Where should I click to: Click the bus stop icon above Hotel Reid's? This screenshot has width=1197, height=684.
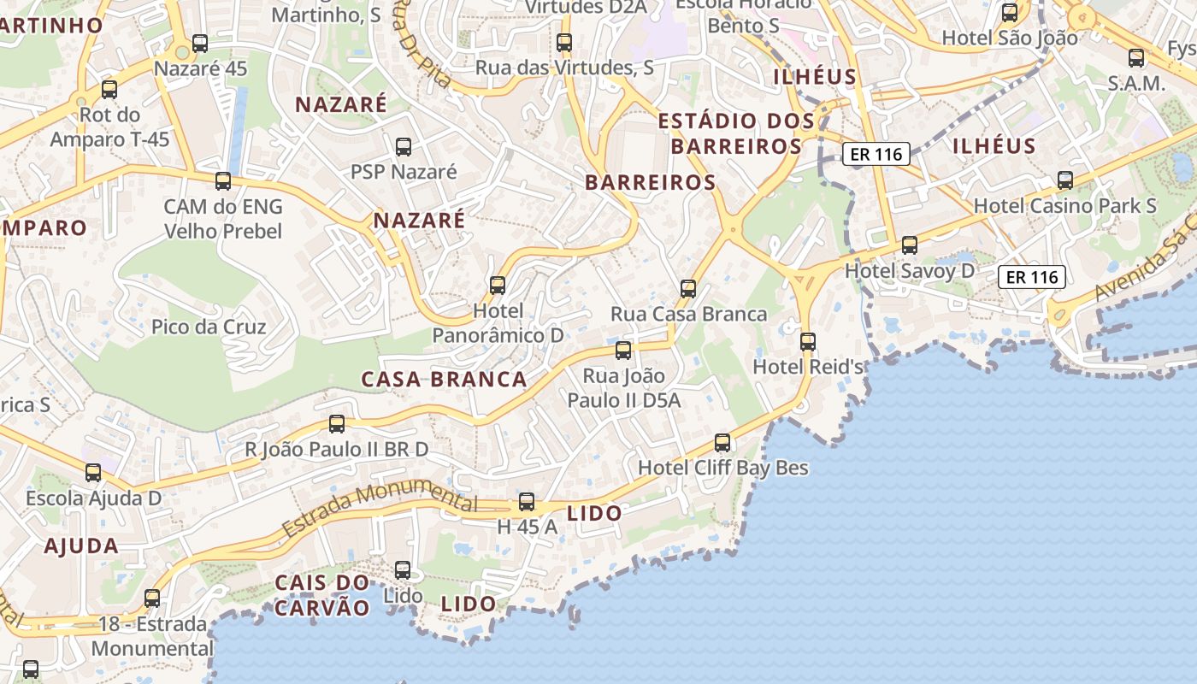(x=808, y=342)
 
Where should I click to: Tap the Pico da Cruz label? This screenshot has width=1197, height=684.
(x=209, y=327)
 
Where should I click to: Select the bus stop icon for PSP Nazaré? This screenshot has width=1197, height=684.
(x=404, y=147)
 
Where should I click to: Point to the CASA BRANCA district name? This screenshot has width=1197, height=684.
(x=444, y=380)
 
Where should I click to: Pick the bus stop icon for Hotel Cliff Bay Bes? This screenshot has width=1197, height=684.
(x=722, y=443)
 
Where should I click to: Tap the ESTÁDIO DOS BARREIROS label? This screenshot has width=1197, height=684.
(x=735, y=133)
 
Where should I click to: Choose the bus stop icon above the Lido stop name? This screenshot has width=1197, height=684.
(x=403, y=570)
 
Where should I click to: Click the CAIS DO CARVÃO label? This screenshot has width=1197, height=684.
(x=322, y=595)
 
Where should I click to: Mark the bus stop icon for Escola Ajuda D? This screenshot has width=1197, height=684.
(x=93, y=473)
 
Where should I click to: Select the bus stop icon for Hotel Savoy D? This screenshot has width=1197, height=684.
(x=910, y=245)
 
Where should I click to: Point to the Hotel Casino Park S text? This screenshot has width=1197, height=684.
(x=1064, y=206)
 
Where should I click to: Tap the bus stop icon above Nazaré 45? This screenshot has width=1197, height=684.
(x=200, y=44)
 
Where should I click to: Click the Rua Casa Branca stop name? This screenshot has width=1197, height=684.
(x=688, y=314)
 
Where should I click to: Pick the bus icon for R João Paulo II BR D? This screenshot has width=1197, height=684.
(x=337, y=424)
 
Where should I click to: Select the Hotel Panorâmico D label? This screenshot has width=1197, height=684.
(x=498, y=323)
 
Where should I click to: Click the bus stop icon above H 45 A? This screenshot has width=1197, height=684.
(x=527, y=503)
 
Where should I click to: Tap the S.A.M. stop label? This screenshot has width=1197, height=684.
(x=1136, y=84)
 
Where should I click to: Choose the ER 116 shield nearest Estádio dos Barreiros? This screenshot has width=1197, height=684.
(x=875, y=155)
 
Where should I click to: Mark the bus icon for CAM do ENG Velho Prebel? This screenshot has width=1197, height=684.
(x=223, y=181)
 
